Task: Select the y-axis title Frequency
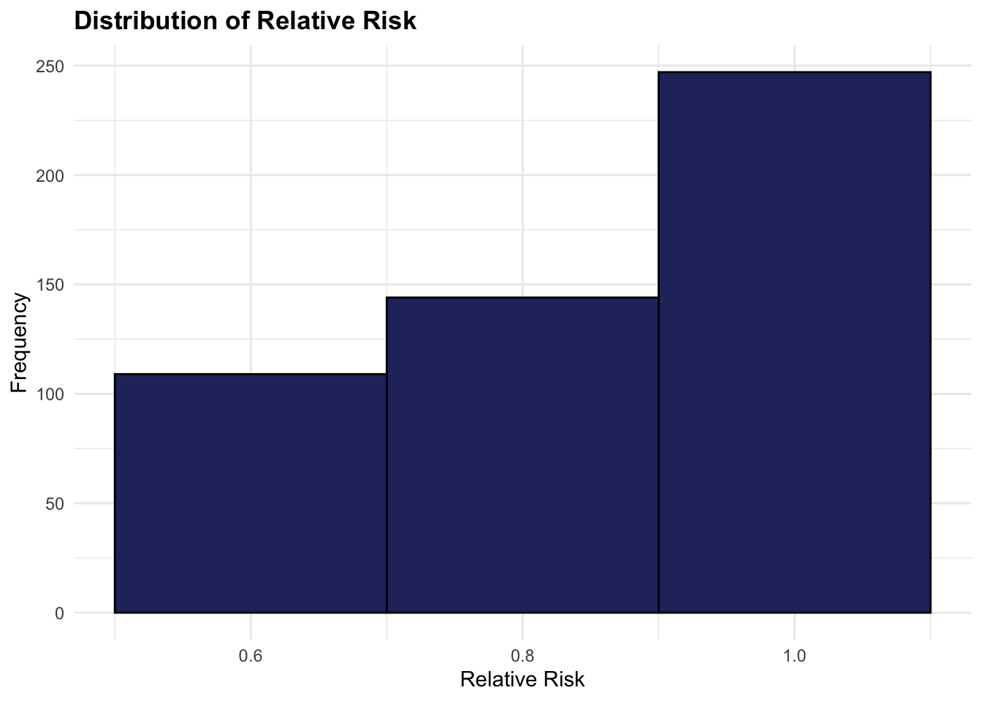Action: click(x=20, y=342)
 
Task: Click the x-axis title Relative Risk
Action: click(x=522, y=680)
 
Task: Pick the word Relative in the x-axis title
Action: click(x=496, y=680)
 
